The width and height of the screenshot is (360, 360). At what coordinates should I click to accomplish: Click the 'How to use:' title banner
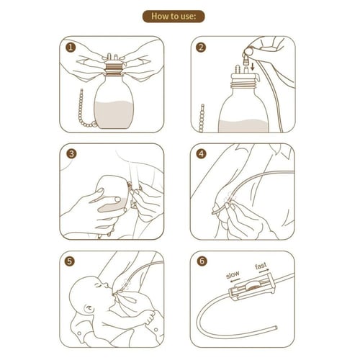pyautogui.click(x=174, y=17)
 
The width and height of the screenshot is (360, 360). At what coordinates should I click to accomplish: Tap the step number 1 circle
pyautogui.click(x=71, y=48)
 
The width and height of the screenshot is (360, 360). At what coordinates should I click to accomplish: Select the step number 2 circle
pyautogui.click(x=201, y=48)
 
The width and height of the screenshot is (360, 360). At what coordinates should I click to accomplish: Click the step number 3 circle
pyautogui.click(x=71, y=153)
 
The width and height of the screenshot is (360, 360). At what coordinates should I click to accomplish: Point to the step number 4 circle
pyautogui.click(x=201, y=153)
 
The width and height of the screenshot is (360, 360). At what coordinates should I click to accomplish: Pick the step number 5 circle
pyautogui.click(x=70, y=261)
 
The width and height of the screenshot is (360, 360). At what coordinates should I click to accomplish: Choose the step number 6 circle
pyautogui.click(x=202, y=261)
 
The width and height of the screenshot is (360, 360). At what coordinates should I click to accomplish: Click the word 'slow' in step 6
pyautogui.click(x=233, y=274)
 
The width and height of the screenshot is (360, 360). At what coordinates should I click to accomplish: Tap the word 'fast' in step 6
pyautogui.click(x=261, y=266)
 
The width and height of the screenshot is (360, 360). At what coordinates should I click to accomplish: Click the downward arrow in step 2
pyautogui.click(x=252, y=67)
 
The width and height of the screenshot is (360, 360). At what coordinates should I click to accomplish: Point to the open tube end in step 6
pyautogui.click(x=276, y=328)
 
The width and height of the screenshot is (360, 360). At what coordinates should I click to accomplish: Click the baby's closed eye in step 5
pyautogui.click(x=98, y=286)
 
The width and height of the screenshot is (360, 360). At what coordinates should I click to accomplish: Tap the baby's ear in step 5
pyautogui.click(x=88, y=308)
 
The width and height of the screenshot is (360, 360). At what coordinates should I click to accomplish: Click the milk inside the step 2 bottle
pyautogui.click(x=243, y=126)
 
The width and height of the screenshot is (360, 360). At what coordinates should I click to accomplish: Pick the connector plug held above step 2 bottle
pyautogui.click(x=246, y=60)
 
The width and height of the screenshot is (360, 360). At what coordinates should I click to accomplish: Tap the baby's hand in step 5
pyautogui.click(x=148, y=318)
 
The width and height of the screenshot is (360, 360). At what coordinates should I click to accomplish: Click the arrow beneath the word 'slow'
pyautogui.click(x=233, y=280)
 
